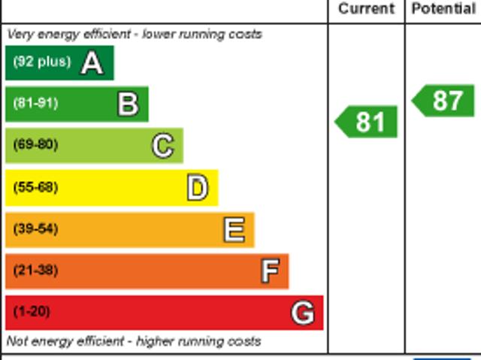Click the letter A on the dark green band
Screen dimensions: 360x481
[92, 63]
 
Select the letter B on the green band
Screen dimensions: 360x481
[128, 104]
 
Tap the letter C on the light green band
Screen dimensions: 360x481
[162, 146]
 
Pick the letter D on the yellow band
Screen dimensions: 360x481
[197, 188]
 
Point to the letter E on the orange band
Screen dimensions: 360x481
[234, 230]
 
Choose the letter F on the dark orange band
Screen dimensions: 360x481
[270, 271]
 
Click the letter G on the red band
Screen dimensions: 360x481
[302, 313]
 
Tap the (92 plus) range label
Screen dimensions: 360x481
[41, 62]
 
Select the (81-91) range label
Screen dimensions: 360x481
[35, 104]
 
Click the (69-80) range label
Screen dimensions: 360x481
[35, 145]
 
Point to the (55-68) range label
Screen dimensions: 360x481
[35, 187]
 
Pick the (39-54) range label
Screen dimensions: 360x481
[35, 228]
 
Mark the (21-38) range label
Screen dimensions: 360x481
[35, 271]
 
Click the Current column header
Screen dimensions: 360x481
[366, 9]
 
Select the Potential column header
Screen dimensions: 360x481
[443, 9]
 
